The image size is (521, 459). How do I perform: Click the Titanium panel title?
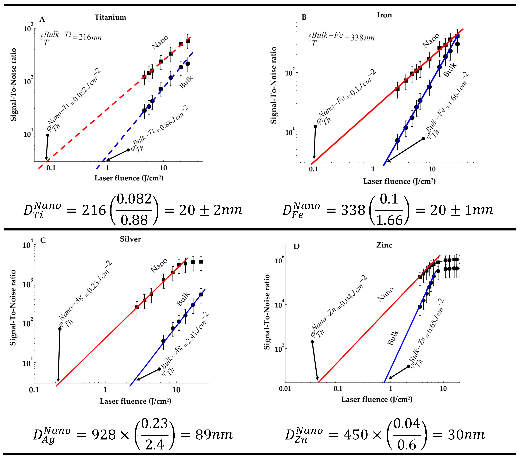click(x=110, y=17)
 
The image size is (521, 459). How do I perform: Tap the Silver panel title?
click(x=130, y=239)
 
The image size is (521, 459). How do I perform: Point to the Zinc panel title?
click(x=384, y=245)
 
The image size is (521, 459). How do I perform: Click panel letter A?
click(x=42, y=19)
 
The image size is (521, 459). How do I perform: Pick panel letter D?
click(x=296, y=246)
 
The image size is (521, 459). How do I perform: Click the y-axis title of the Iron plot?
click(x=273, y=86)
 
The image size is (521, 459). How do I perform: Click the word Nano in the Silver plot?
click(x=159, y=265)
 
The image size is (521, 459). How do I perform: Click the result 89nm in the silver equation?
click(x=214, y=435)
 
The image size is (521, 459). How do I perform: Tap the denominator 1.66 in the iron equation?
click(x=389, y=220)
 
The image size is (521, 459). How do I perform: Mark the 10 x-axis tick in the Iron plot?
click(x=432, y=169)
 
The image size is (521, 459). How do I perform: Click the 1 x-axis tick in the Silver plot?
click(x=105, y=390)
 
